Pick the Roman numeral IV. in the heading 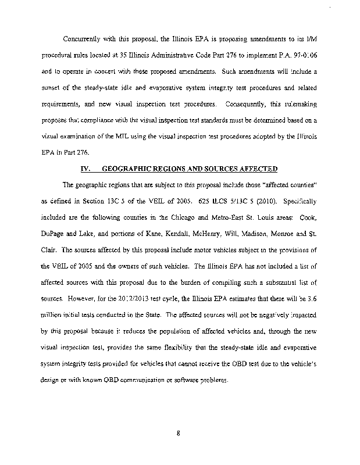point(85,168)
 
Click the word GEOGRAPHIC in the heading point(126,168)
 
